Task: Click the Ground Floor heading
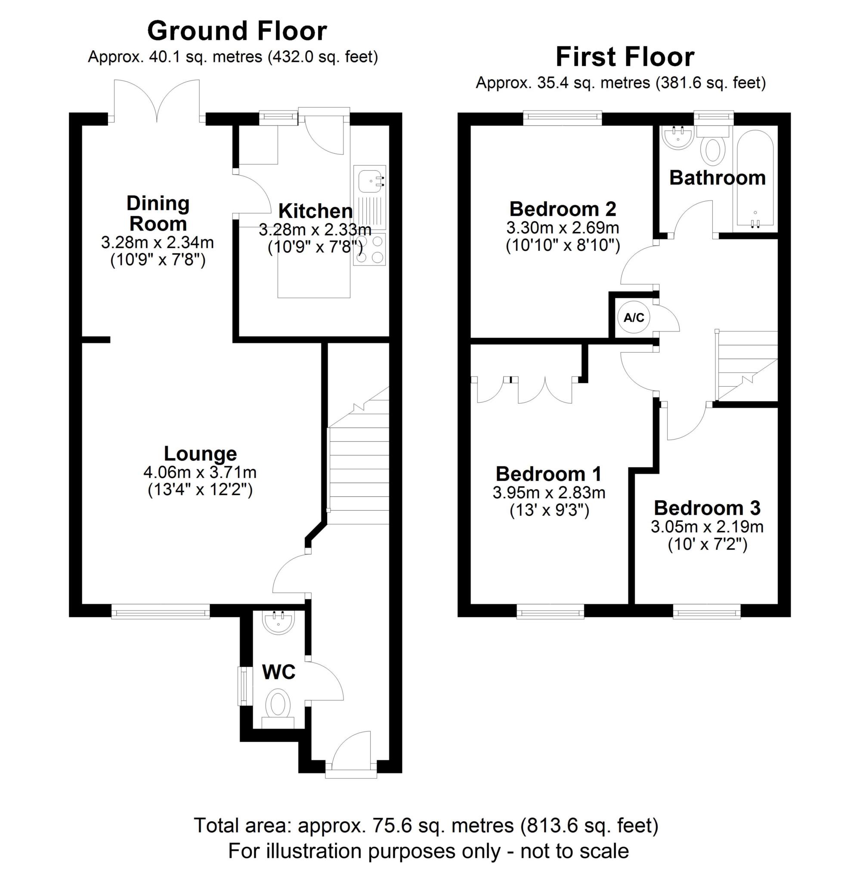[x=237, y=31]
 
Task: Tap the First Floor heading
[x=625, y=57]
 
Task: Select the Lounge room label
[x=200, y=453]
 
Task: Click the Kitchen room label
[x=316, y=211]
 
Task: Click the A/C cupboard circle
[x=634, y=317]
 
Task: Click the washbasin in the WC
[x=278, y=623]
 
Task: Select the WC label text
[x=278, y=672]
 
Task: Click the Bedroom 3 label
[x=707, y=508]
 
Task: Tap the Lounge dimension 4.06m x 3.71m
[x=200, y=472]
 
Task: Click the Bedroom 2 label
[x=563, y=209]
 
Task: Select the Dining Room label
[x=158, y=214]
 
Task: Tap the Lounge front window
[x=161, y=612]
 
